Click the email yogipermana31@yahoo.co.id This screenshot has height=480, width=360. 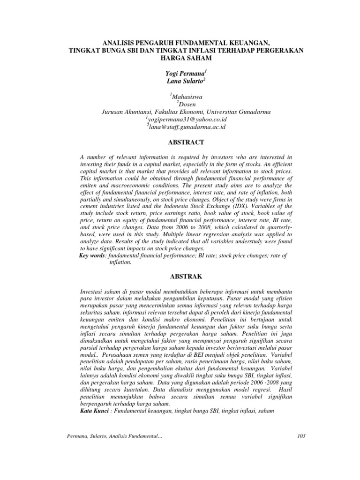click(x=187, y=120)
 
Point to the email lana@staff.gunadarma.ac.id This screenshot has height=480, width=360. click(x=187, y=127)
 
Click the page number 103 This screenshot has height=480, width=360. click(x=301, y=436)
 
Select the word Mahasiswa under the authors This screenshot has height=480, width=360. click(x=187, y=97)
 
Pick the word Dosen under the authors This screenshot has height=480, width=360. click(x=187, y=105)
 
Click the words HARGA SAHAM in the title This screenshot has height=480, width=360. click(x=186, y=58)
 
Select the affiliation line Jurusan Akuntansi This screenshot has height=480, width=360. click(x=186, y=112)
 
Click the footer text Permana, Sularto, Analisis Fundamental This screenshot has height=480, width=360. click(x=115, y=436)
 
